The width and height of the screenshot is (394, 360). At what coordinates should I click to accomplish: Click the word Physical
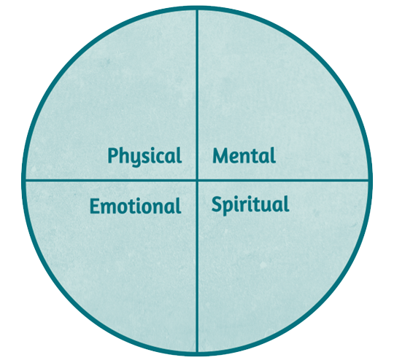click(x=144, y=157)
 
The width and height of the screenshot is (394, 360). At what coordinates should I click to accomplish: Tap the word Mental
click(x=244, y=156)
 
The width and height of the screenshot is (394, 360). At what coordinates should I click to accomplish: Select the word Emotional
click(x=136, y=206)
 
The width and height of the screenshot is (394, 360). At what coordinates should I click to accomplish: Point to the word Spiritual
click(x=250, y=205)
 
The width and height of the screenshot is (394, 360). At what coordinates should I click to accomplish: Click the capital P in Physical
click(x=113, y=155)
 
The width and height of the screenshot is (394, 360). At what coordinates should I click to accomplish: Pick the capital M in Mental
click(x=222, y=156)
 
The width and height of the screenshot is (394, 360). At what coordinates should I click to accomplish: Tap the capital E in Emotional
click(x=95, y=206)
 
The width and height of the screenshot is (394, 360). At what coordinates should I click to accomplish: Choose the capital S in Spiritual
click(x=217, y=204)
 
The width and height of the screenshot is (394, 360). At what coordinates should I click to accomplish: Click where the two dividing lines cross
click(x=197, y=180)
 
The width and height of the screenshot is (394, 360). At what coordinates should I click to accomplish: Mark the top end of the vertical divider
click(x=197, y=9)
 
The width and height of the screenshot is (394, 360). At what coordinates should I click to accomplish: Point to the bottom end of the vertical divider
click(x=197, y=352)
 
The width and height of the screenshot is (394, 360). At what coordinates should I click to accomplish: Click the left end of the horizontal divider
click(x=25, y=180)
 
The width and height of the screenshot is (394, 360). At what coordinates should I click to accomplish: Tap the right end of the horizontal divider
click(x=369, y=180)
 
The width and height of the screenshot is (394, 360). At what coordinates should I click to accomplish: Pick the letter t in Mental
click(x=260, y=157)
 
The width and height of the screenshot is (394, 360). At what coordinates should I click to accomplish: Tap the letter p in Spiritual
click(x=228, y=208)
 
